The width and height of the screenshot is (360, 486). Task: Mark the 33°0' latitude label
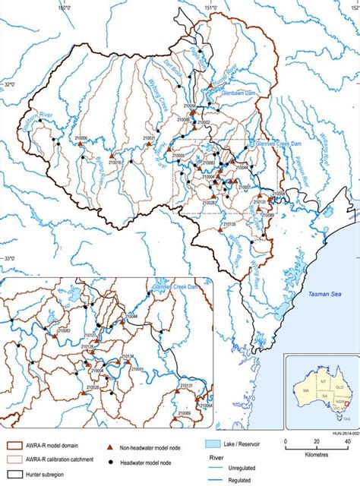pos(8,259)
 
